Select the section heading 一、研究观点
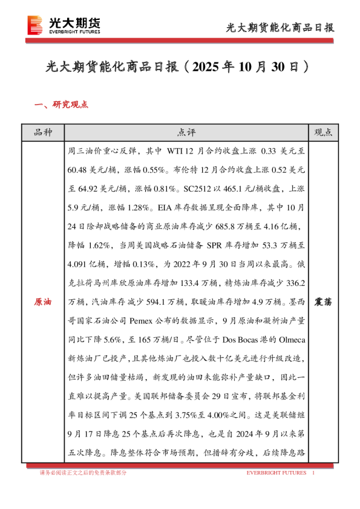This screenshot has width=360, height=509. pyautogui.click(x=62, y=105)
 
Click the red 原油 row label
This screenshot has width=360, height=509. pyautogui.click(x=42, y=301)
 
